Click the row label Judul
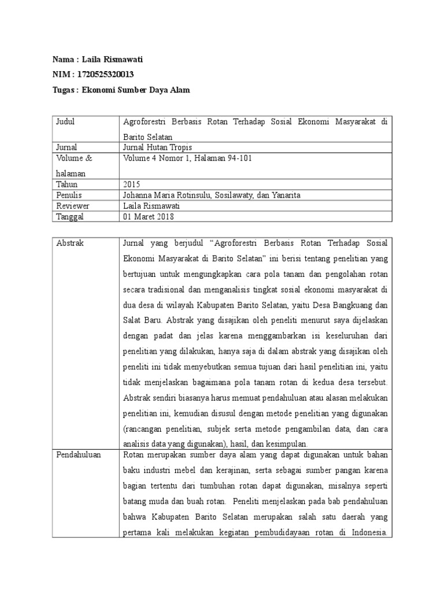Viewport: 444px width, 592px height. (65, 122)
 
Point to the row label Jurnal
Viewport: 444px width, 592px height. (66, 147)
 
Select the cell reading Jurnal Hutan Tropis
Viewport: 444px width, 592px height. (157, 147)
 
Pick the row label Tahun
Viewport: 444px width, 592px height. (66, 184)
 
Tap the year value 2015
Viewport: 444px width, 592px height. (132, 184)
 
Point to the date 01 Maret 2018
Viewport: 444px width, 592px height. (149, 216)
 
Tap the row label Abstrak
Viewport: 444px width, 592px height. (70, 243)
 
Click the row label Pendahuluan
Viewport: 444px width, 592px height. (78, 455)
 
